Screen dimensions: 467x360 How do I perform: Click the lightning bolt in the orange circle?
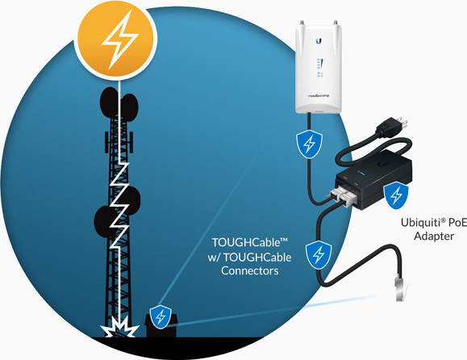[x=119, y=40]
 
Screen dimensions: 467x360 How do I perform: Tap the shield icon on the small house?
[x=161, y=316]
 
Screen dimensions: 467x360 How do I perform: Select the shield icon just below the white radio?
[x=309, y=144]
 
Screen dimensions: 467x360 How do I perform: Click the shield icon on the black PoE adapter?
[x=396, y=195]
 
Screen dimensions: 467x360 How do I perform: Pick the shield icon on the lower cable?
[x=319, y=255]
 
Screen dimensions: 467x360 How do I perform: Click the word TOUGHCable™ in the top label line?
[x=249, y=243]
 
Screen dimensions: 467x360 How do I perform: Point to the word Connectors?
[x=249, y=270]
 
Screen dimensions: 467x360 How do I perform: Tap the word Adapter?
[x=434, y=237]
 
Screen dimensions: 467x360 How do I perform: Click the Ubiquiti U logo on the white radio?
[x=319, y=41]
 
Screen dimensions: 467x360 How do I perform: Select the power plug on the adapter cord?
[x=392, y=125]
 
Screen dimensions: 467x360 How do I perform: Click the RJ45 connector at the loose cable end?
[x=400, y=288]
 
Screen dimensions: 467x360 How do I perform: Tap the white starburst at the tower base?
[x=119, y=327]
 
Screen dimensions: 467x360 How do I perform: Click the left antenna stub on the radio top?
[x=302, y=23]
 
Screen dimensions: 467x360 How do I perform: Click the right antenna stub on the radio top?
[x=336, y=23]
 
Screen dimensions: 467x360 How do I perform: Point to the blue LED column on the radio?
[x=319, y=68]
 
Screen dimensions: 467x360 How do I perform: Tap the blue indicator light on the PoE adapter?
[x=361, y=172]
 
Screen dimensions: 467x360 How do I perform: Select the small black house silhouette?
[x=161, y=325]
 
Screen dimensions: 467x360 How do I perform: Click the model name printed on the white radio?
[x=319, y=96]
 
